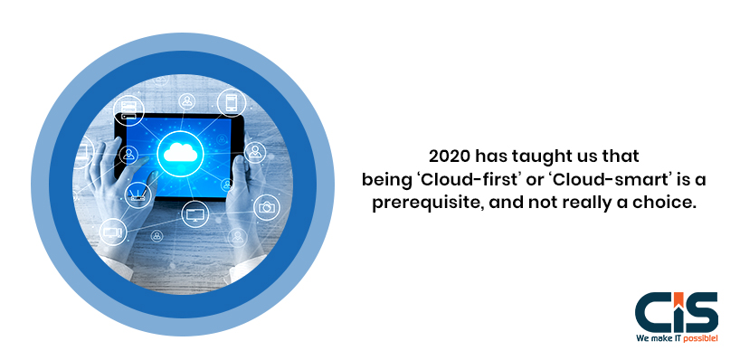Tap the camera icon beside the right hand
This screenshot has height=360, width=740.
point(266,207)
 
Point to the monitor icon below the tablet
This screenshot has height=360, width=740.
point(194,214)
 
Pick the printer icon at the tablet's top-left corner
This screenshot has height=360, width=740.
point(129,112)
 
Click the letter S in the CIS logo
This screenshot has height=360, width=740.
point(701,311)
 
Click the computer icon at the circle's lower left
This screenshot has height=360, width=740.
point(113,232)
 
